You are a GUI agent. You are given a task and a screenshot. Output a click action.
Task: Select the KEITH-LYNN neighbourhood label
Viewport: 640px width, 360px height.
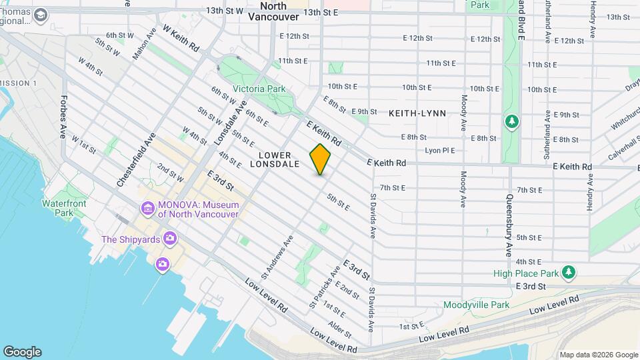(417, 113)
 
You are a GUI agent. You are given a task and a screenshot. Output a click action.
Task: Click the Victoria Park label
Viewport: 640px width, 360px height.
(259, 89)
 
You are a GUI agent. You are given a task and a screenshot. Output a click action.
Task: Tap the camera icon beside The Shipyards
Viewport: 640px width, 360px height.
(170, 239)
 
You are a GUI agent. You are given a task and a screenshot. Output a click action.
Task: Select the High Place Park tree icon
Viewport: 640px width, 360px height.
(568, 273)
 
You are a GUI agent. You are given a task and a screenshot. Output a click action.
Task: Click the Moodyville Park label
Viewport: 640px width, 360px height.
(476, 305)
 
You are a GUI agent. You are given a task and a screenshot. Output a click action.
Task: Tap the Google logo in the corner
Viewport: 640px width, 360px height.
(22, 352)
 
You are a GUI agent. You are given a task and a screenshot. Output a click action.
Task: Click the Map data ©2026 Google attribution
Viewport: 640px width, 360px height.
(599, 355)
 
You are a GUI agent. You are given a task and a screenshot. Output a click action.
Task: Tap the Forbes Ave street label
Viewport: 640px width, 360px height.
(63, 117)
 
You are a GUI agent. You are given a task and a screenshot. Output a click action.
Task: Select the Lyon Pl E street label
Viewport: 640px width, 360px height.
(439, 151)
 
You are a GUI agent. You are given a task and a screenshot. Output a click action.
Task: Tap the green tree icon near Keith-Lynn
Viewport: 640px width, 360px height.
(511, 122)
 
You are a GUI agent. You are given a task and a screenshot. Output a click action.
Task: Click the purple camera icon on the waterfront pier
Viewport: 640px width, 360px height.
(162, 265)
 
